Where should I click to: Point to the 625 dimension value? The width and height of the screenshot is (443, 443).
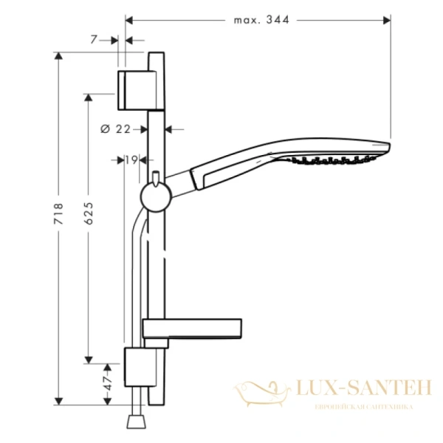[x=89, y=214]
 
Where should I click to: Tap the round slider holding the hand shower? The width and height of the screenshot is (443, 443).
[x=156, y=198]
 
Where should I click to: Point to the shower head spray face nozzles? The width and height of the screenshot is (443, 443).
[x=332, y=159]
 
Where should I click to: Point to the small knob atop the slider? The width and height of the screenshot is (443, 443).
[x=157, y=176]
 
